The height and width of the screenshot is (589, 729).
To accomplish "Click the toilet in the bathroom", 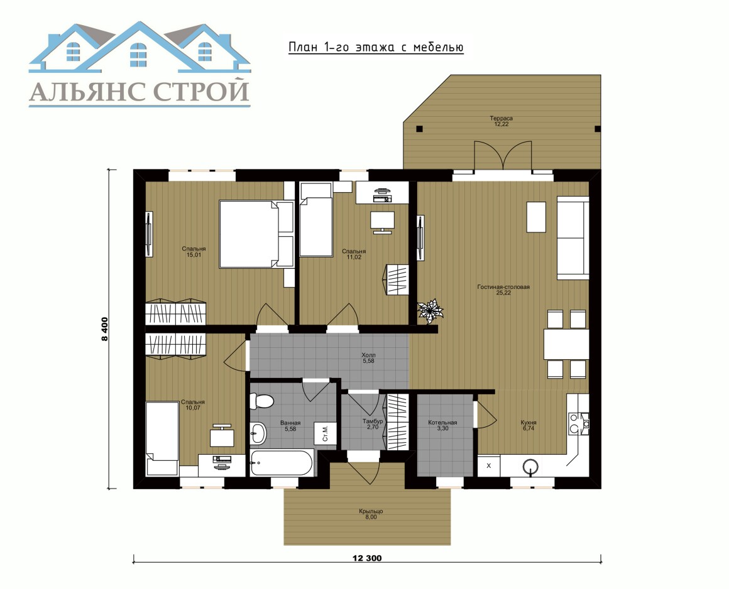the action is pos(261,401).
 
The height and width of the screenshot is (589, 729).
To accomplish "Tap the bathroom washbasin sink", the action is pos(258,433).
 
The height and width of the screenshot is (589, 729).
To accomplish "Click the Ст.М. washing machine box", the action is pos(325,433).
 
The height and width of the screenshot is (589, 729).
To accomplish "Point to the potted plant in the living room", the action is pos(430,311).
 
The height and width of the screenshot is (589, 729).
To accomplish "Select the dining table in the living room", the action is pos(566,343).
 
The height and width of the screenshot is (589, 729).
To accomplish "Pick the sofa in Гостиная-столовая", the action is pos(573,238).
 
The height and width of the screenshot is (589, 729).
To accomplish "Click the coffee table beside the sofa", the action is pos(535,217).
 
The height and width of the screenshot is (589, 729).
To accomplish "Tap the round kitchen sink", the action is pos(530,466).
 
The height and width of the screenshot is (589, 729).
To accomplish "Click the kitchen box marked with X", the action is pos(489,465).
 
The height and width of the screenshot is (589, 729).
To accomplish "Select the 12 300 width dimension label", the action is pos(367,558).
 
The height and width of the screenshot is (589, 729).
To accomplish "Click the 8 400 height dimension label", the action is pos(105,329).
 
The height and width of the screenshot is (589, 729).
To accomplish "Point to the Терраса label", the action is pos(502,118).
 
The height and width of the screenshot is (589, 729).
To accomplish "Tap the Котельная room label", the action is pos(442,423).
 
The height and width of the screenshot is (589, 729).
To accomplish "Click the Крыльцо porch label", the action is pos(371,511).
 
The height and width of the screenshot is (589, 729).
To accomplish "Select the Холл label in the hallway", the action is pos(368,355).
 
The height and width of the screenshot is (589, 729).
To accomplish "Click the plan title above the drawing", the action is pos(376,47).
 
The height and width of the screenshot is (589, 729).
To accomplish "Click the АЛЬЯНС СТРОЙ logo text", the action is pos(140,91).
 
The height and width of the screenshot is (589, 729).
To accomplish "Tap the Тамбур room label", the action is pos(373,421).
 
